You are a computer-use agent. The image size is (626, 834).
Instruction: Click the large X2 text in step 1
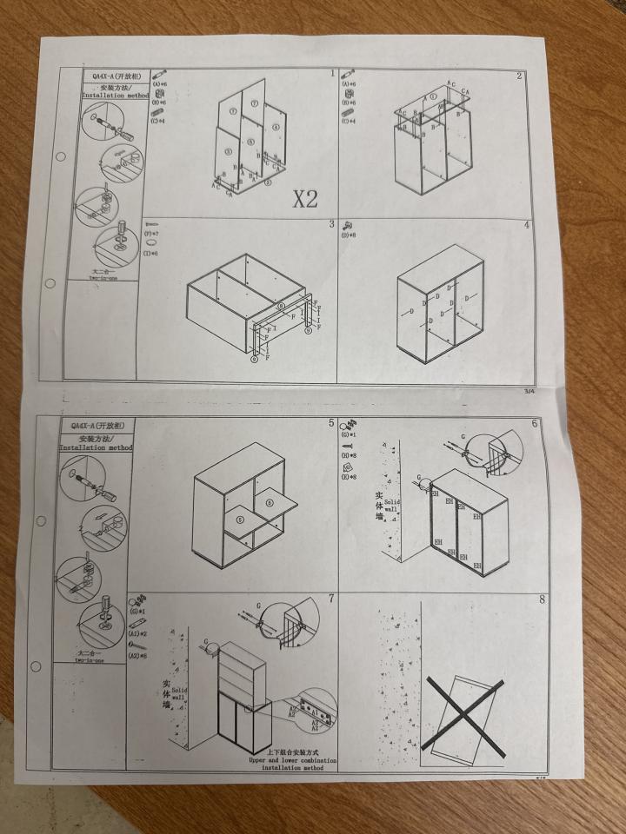tap(304, 199)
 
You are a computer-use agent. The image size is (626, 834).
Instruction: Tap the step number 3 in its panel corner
tap(331, 225)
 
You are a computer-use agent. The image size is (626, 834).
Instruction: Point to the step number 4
tap(526, 225)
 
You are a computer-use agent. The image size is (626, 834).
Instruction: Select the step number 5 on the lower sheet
tap(331, 423)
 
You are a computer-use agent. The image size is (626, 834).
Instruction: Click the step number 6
tap(535, 423)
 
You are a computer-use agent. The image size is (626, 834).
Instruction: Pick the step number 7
tap(331, 599)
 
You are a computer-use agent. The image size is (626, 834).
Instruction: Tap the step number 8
tap(542, 599)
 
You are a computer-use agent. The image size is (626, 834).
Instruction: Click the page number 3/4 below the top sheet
tap(529, 392)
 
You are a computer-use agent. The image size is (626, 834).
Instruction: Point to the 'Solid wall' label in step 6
tap(390, 504)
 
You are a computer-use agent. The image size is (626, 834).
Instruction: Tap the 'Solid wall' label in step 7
tap(177, 692)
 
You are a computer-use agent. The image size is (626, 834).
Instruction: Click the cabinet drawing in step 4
tap(439, 304)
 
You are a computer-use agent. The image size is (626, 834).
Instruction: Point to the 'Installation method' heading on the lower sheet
tap(95, 447)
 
